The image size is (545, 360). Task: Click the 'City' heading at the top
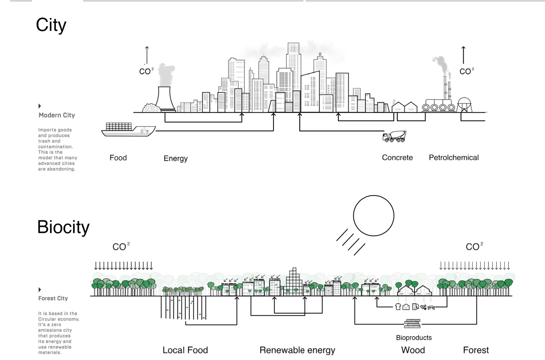(51, 25)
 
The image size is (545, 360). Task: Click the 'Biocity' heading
(63, 227)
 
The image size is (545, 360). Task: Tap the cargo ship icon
(128, 129)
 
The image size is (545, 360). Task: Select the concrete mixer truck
(394, 136)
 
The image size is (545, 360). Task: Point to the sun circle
(374, 216)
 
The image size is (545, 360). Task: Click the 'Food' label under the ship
(118, 158)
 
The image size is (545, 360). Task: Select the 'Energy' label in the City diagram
(175, 158)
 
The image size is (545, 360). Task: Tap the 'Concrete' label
(397, 158)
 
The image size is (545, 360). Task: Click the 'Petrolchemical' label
(454, 158)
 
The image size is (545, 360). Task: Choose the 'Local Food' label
(185, 350)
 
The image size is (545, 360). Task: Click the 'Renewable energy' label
(297, 350)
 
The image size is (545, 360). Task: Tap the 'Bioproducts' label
(414, 338)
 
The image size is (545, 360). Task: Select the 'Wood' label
(413, 350)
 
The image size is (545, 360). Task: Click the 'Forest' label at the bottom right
(476, 350)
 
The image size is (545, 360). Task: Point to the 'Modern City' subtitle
(57, 115)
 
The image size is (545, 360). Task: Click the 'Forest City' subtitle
(53, 298)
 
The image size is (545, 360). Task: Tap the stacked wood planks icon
(412, 324)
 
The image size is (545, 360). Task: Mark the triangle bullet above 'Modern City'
(40, 106)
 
